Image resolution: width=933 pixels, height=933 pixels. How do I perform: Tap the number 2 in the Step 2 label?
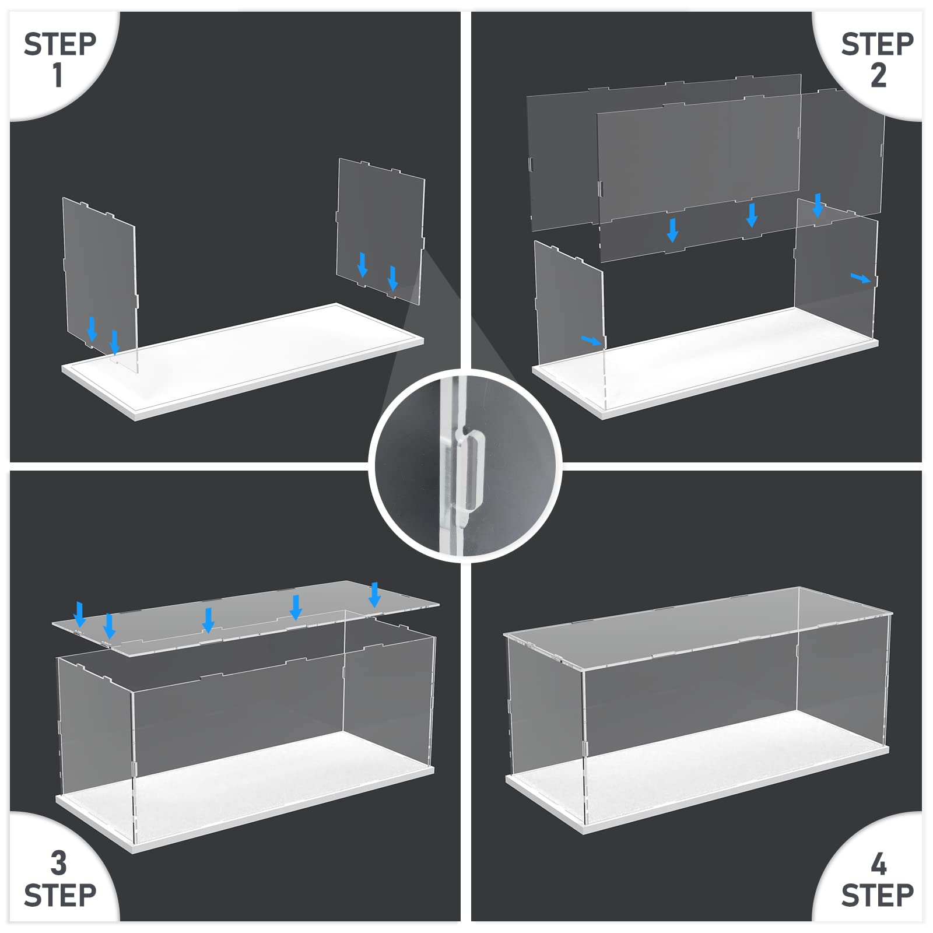click(x=878, y=75)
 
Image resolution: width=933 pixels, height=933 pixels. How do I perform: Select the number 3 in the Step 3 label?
click(x=59, y=863)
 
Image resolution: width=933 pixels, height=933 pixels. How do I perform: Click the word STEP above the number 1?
click(x=60, y=44)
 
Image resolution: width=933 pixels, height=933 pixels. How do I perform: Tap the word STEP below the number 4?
click(x=878, y=895)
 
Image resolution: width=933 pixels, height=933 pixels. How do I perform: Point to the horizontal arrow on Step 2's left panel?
click(x=591, y=340)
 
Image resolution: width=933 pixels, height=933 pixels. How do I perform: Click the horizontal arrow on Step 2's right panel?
click(x=861, y=278)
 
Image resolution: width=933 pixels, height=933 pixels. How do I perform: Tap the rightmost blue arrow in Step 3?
click(x=374, y=594)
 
